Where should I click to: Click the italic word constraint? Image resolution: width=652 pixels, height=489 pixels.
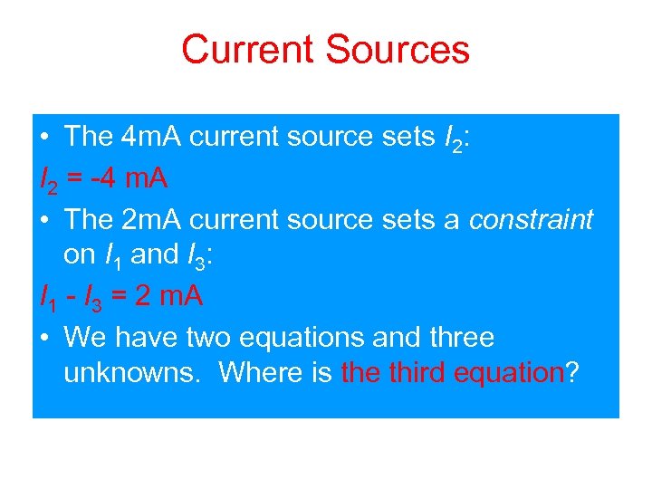[531, 219]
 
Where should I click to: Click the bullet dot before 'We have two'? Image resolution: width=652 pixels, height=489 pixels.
[45, 339]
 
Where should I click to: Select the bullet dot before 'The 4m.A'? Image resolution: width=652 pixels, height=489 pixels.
[45, 138]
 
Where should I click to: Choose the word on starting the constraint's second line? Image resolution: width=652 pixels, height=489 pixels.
[78, 255]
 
